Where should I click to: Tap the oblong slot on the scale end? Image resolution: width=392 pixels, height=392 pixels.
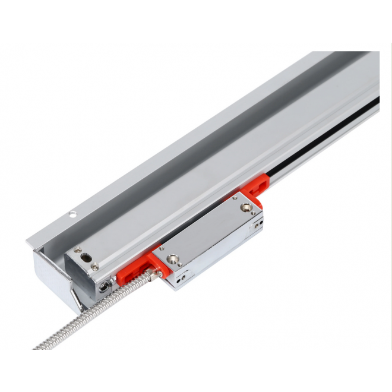87,259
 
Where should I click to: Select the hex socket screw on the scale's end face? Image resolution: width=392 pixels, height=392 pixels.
104,287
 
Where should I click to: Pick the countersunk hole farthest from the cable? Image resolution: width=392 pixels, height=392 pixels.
245,208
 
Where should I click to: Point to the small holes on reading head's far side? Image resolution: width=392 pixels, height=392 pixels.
257,224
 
